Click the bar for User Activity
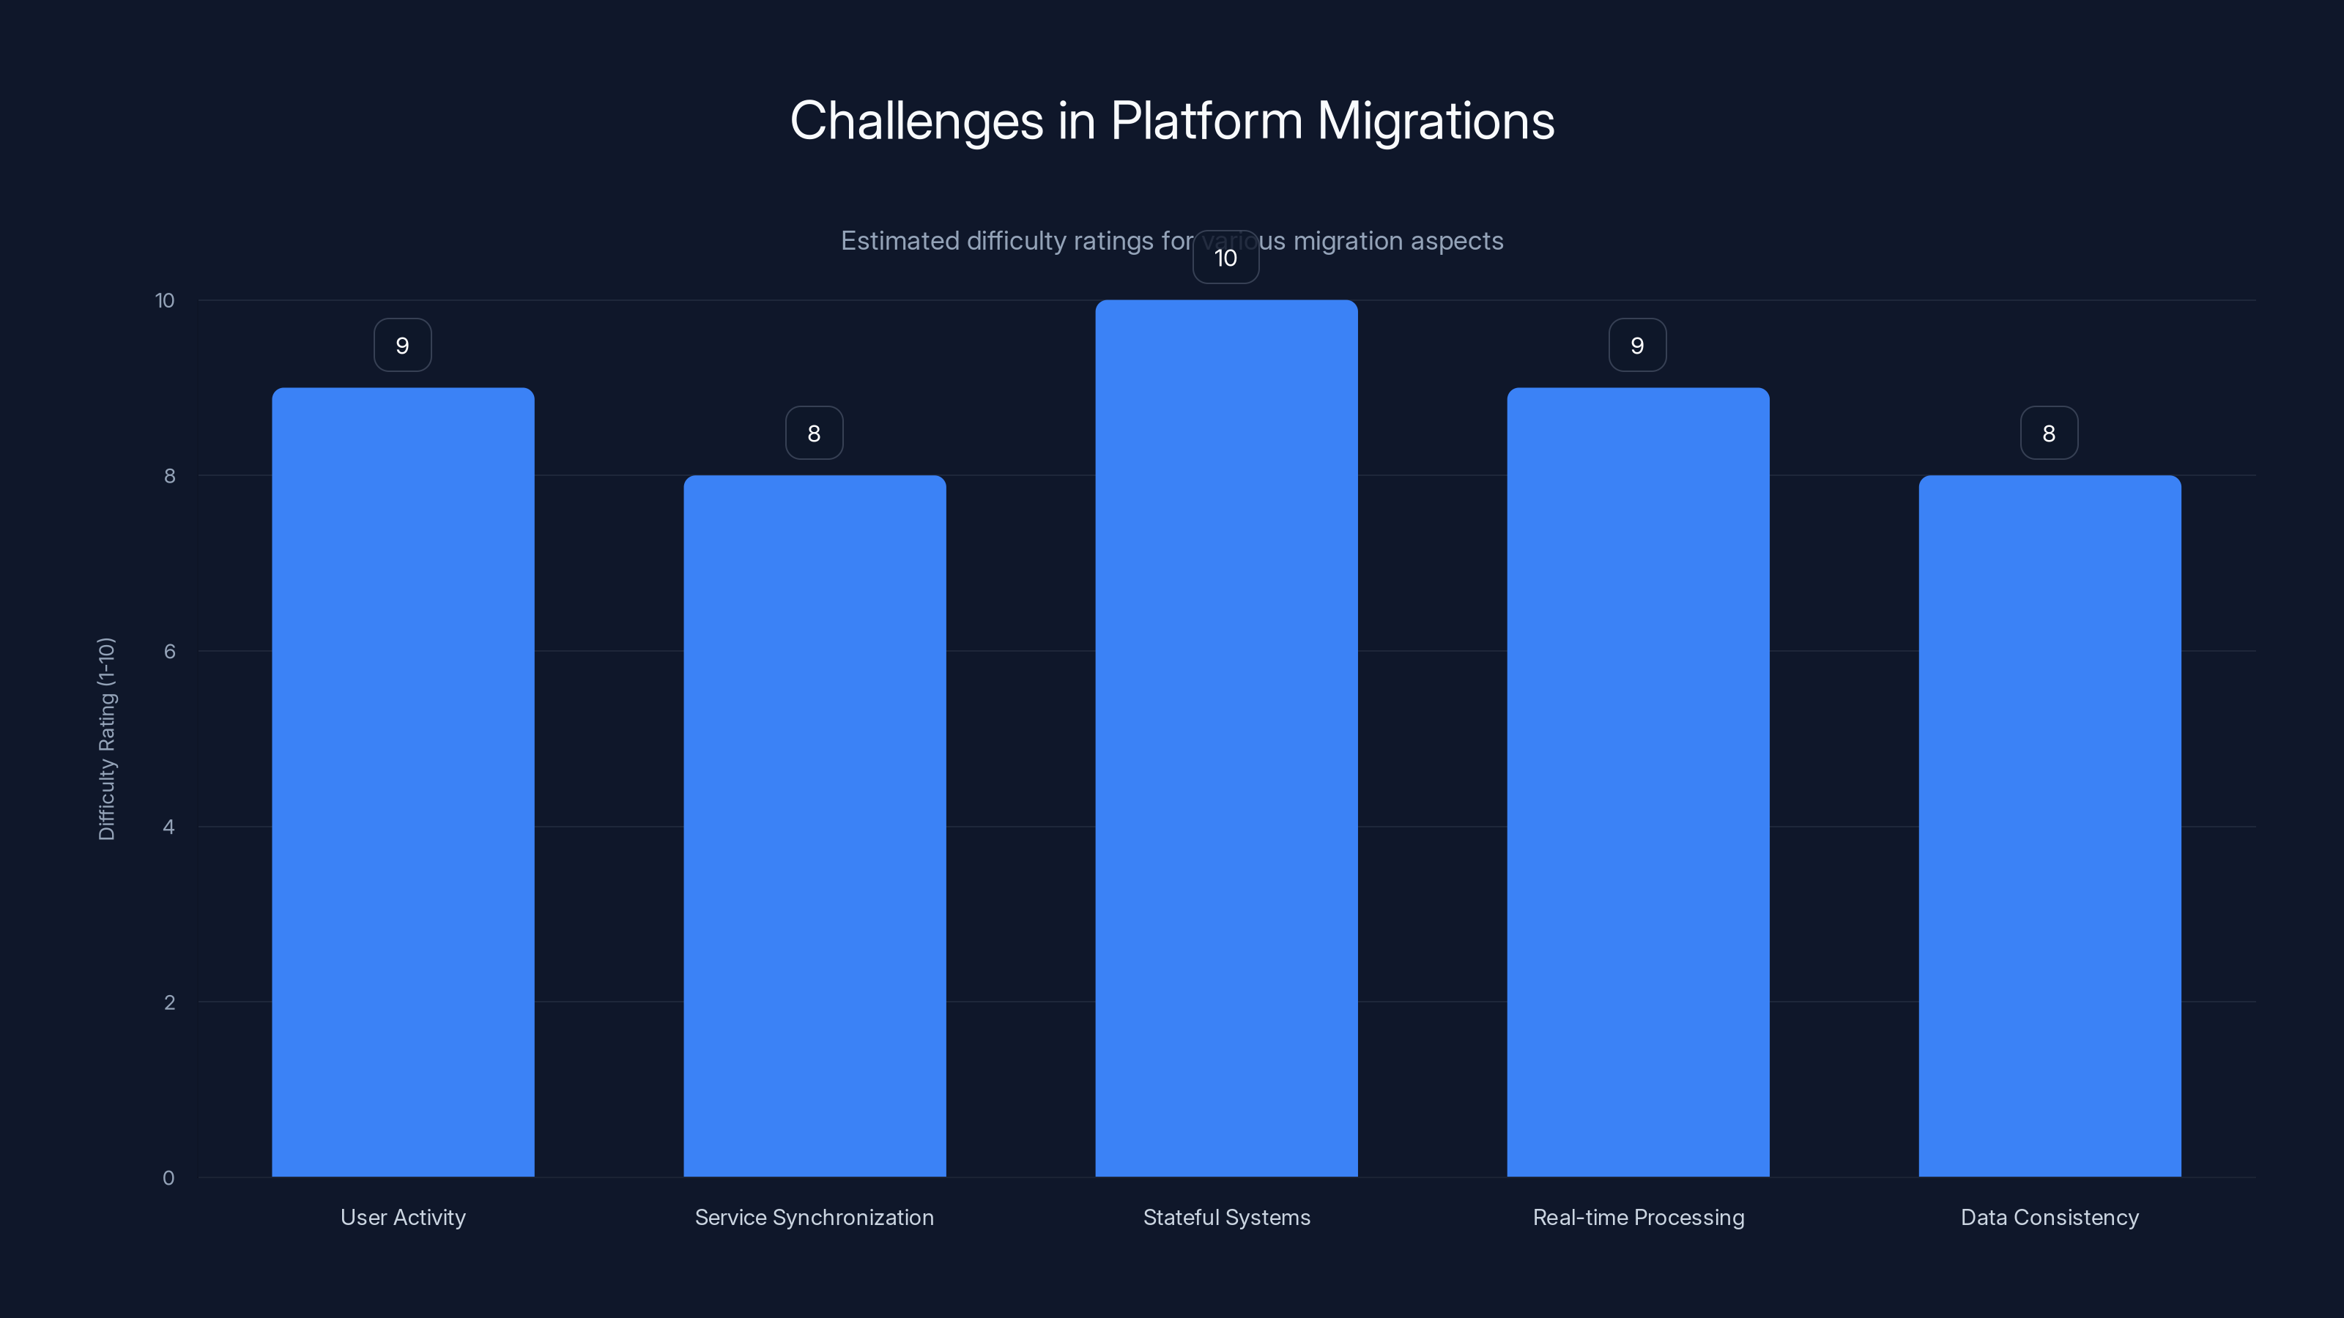click(403, 782)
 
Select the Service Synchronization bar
click(815, 826)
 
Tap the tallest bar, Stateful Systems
click(1225, 739)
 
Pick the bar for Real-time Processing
click(1638, 782)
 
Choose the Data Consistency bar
click(2050, 826)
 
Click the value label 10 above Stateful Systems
click(1225, 258)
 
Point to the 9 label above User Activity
click(402, 346)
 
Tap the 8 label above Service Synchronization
click(815, 433)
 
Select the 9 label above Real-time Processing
click(1637, 346)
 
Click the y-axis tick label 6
click(169, 651)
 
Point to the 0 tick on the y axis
click(168, 1178)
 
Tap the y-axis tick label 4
click(169, 827)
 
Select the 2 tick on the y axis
click(169, 1002)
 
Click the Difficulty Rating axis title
click(106, 739)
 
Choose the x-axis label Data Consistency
click(2050, 1217)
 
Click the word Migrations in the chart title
click(1436, 121)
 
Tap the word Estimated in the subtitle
click(899, 241)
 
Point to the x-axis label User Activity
click(403, 1217)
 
